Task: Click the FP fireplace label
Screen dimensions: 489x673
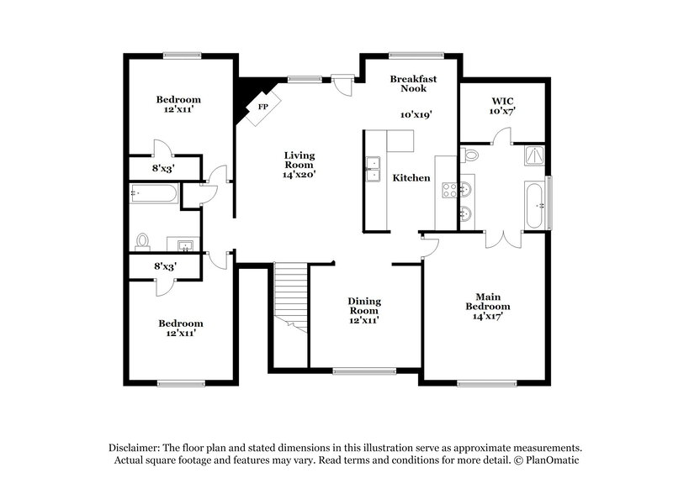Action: tap(262, 108)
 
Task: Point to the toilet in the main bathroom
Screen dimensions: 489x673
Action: tap(469, 155)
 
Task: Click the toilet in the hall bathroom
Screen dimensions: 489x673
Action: tap(143, 242)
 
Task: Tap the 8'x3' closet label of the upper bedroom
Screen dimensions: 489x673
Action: tap(164, 168)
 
